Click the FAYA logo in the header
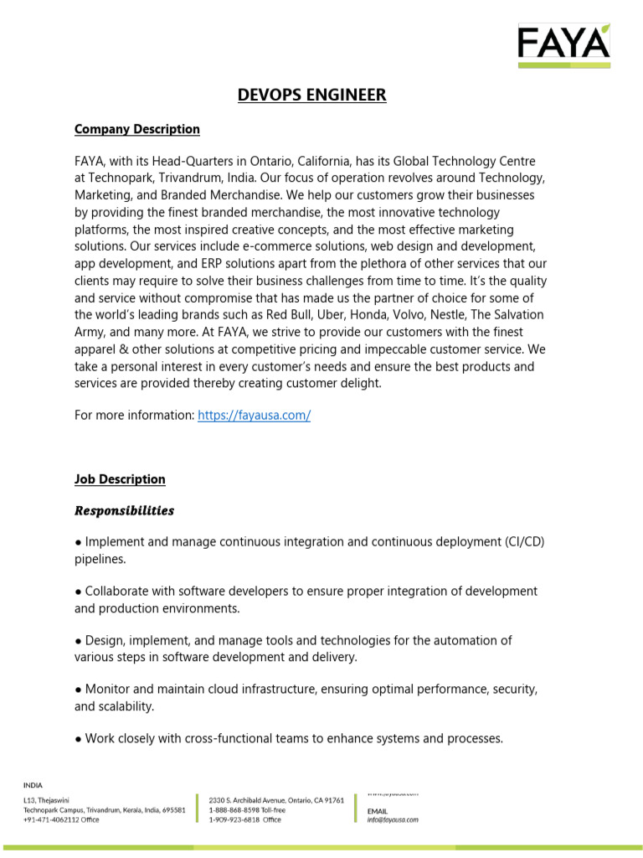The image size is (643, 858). (x=563, y=44)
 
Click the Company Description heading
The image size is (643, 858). (x=137, y=129)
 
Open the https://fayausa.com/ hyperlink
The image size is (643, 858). (x=254, y=416)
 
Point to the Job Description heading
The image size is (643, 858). (x=120, y=479)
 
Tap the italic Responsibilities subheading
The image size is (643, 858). (x=124, y=510)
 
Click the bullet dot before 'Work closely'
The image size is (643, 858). (x=78, y=739)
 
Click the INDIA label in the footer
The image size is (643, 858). (x=32, y=785)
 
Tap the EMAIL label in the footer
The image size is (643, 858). (x=378, y=811)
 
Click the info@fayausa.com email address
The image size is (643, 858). (x=393, y=820)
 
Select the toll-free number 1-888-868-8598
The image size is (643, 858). (x=234, y=810)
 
